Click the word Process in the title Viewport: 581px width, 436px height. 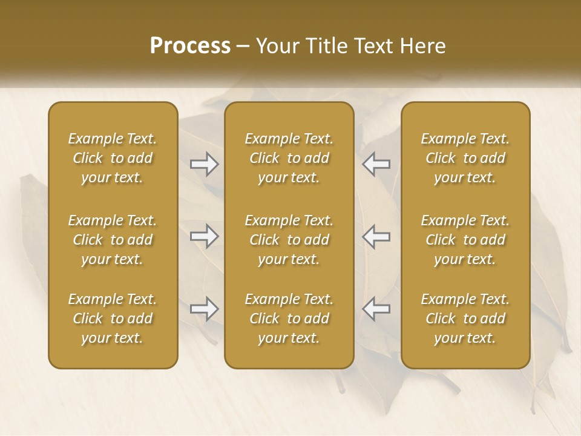190,46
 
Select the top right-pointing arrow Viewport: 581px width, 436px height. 205,163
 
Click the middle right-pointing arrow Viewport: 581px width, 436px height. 205,236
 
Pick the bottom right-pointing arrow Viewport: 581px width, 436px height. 205,309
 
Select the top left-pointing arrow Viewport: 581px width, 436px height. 376,163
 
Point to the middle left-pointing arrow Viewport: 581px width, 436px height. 376,236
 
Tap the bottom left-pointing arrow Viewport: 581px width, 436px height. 376,309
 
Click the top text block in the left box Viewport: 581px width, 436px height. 113,158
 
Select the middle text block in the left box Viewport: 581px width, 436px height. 113,240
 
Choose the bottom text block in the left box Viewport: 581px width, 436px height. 113,319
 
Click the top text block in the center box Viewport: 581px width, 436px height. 289,158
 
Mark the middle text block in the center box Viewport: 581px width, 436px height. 289,240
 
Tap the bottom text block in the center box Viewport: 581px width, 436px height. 289,319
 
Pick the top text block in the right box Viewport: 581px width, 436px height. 465,158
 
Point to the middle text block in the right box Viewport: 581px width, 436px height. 465,240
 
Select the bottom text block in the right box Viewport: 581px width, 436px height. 465,319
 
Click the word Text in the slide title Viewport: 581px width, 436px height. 370,46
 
